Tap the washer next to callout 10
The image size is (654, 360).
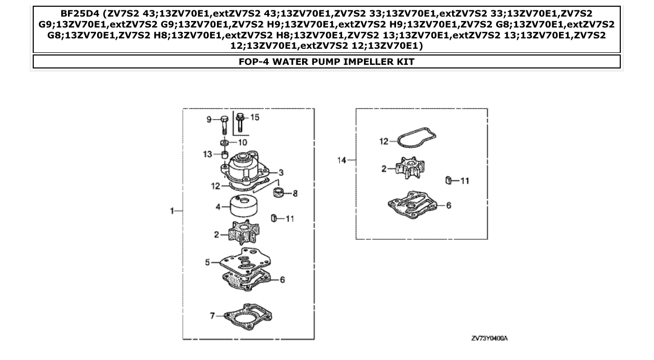coord(224,143)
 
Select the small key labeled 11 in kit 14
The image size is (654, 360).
coord(447,181)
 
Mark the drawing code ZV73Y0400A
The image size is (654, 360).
coord(489,339)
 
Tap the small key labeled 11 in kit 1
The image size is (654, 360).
coord(272,218)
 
